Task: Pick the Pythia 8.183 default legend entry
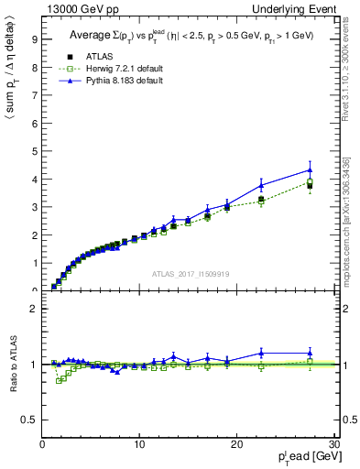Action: point(113,82)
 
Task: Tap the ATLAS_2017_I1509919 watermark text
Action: point(190,273)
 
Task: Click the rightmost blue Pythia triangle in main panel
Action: point(310,169)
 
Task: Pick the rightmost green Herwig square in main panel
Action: point(310,181)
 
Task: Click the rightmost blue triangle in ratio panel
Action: point(310,353)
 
